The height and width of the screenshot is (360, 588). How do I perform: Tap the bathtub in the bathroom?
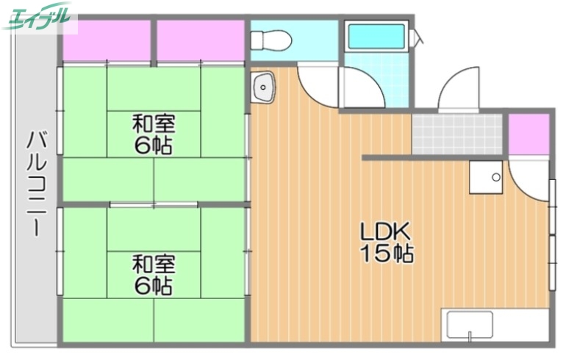coord(376,37)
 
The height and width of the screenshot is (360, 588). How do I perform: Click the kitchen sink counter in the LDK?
coord(495,324)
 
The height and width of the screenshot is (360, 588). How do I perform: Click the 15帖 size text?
coord(385,254)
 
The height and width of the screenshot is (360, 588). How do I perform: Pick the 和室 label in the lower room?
coord(154,262)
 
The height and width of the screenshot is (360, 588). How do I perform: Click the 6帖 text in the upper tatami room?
coord(154,145)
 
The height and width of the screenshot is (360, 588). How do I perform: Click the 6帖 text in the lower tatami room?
coord(154,286)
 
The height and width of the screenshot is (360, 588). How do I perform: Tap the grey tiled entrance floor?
coord(456,132)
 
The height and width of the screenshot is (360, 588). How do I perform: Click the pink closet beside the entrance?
coord(528,134)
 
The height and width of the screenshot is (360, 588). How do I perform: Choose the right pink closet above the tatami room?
coord(201,41)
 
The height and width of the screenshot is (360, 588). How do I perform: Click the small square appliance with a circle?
coord(485,177)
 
